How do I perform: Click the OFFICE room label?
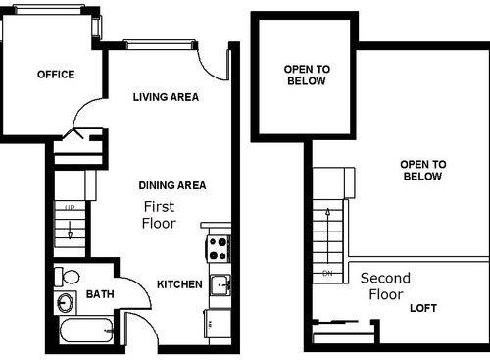56,74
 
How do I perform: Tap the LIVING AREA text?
166,97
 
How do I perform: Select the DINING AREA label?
171,185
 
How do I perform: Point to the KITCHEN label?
179,284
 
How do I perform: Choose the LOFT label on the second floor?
423,308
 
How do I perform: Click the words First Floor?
159,215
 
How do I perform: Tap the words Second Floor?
384,286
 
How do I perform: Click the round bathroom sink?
66,301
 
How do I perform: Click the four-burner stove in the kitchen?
217,247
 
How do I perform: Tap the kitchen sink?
220,285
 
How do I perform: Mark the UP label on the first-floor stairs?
70,209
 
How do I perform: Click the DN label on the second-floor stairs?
326,272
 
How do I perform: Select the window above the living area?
155,43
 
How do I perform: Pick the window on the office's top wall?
50,6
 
